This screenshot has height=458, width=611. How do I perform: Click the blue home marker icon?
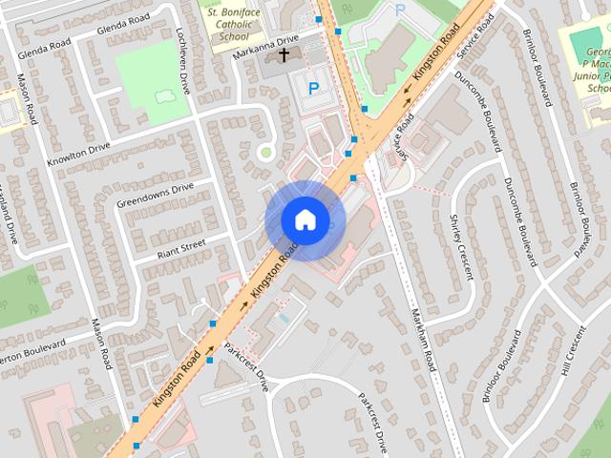tap(305, 219)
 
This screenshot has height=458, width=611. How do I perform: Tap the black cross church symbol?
tap(284, 56)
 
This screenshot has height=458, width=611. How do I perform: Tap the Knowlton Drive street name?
tap(78, 154)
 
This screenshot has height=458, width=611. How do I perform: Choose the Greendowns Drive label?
tap(155, 195)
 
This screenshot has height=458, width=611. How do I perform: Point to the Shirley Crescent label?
tap(460, 245)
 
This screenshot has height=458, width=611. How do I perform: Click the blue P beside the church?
tap(312, 89)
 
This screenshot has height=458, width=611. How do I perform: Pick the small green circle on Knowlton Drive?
tap(266, 152)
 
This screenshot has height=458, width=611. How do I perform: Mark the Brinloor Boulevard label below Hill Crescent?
tap(501, 368)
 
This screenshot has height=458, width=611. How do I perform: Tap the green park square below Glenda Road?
tap(152, 80)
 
